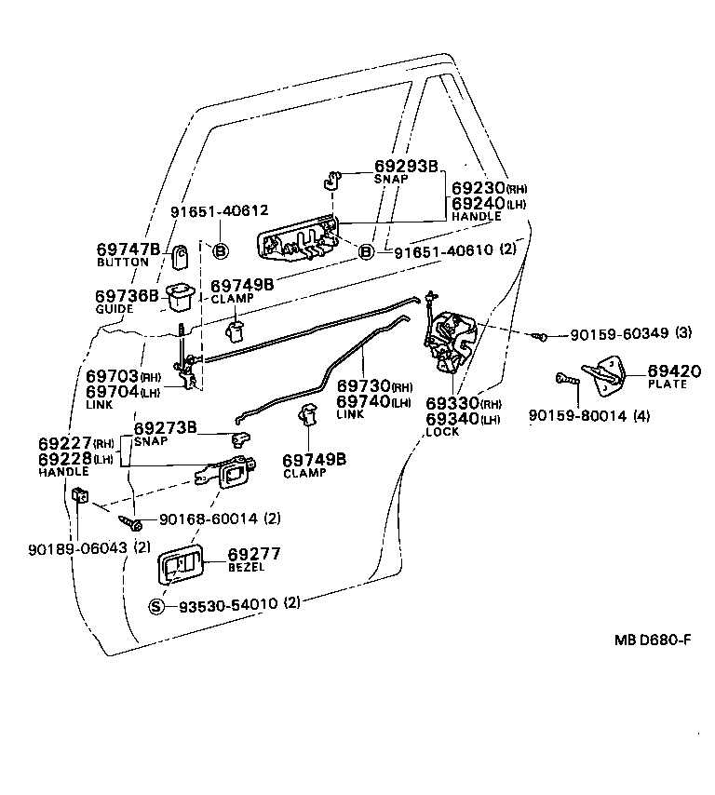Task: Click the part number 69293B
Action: tap(406, 166)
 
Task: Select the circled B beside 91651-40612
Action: tap(221, 249)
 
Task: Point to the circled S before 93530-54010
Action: tap(156, 606)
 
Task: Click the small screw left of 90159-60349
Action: tap(538, 336)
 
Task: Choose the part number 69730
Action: tap(362, 386)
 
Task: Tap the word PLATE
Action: tap(641, 384)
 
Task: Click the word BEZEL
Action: tap(246, 567)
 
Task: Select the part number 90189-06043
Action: tap(77, 547)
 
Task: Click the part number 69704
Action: tap(112, 392)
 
